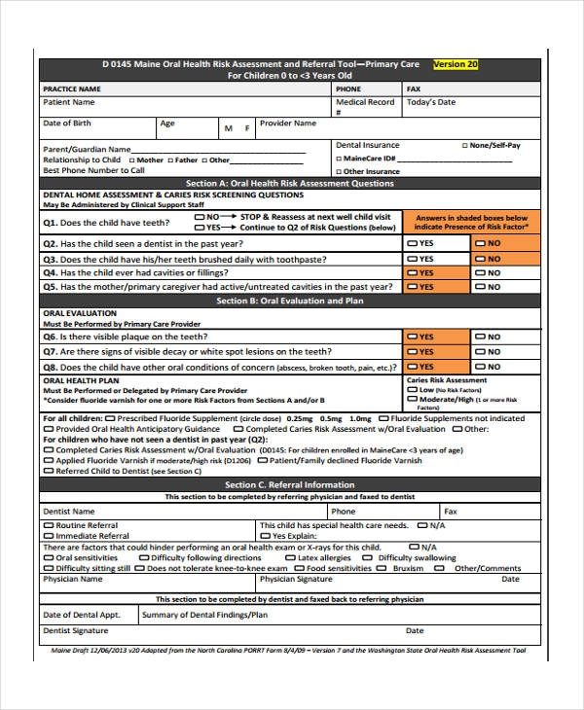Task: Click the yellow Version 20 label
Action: [455, 64]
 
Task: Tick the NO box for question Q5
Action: [480, 287]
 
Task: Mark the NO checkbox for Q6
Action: [480, 337]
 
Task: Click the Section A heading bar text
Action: [290, 183]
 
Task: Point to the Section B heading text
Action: [290, 302]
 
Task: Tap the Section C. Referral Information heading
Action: [290, 484]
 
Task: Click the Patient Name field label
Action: [69, 102]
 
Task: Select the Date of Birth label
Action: [67, 124]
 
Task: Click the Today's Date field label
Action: [430, 102]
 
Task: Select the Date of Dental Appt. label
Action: [82, 615]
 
